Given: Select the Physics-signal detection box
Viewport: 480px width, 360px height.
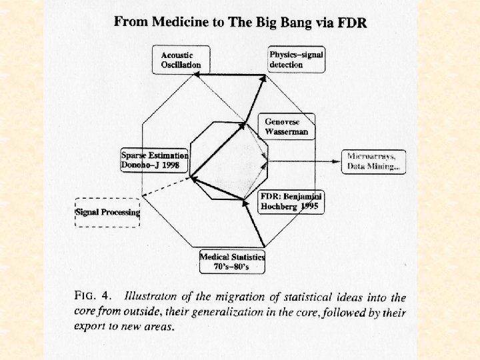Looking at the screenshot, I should coord(296,59).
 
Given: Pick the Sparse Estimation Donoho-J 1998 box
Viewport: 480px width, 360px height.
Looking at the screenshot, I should coord(155,160).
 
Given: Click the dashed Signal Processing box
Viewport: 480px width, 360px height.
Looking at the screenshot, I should coord(107,213).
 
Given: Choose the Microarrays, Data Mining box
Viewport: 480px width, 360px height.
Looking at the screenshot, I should coord(374,162).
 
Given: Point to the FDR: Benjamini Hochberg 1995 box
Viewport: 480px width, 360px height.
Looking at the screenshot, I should coord(292,201).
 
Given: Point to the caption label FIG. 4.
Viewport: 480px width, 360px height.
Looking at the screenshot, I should coord(95,295).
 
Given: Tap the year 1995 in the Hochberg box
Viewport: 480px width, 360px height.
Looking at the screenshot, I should coord(311,207).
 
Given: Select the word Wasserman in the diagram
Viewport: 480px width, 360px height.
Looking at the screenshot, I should coord(287,132).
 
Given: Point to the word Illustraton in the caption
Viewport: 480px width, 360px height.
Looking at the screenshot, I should coord(153,296).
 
